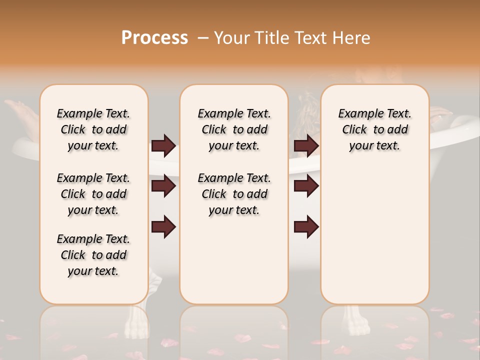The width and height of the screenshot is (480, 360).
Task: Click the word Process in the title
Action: click(x=154, y=38)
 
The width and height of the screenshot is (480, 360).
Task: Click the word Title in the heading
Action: click(x=270, y=38)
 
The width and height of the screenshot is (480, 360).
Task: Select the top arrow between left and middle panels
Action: click(x=163, y=146)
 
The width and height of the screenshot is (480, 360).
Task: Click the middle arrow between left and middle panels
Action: click(x=163, y=186)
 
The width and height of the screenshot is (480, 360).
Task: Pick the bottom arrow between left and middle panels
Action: click(x=163, y=227)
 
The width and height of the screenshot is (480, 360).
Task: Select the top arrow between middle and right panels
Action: click(x=306, y=146)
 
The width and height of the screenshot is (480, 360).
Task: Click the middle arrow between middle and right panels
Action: click(x=306, y=186)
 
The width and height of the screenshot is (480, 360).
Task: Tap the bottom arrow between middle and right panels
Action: click(x=306, y=227)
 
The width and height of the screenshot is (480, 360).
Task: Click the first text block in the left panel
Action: click(x=93, y=129)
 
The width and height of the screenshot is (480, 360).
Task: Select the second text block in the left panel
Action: click(x=93, y=194)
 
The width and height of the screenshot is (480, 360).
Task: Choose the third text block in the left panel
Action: click(x=93, y=255)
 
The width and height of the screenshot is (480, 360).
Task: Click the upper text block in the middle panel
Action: click(x=234, y=129)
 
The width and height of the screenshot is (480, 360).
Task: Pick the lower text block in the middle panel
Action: click(x=234, y=194)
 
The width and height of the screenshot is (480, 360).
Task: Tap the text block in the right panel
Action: click(x=374, y=129)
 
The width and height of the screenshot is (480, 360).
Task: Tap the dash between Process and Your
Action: click(x=203, y=38)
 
